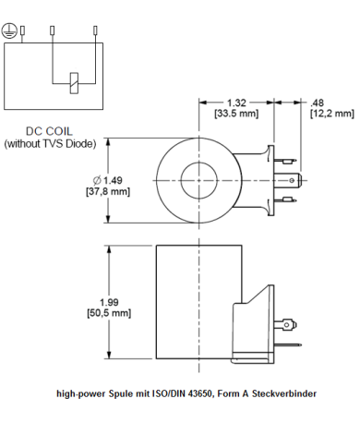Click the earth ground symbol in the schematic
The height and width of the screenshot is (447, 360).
(10, 30)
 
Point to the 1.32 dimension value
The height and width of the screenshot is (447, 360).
(236, 103)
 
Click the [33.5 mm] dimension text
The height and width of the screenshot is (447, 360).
(236, 114)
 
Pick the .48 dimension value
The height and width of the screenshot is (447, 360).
(318, 103)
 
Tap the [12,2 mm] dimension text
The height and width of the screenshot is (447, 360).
(330, 114)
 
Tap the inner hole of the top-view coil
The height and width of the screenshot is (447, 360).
(198, 177)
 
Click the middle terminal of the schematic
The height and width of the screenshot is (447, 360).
(53, 31)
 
